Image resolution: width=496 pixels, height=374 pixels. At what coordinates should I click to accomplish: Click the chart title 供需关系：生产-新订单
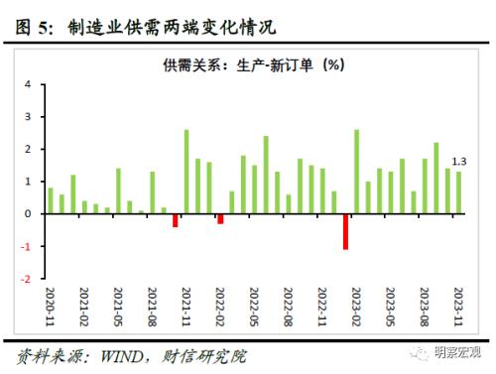(x=253, y=66)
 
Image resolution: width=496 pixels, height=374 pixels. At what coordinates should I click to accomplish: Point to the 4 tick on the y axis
(x=26, y=84)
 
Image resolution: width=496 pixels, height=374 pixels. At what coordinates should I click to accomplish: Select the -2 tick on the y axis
(x=24, y=279)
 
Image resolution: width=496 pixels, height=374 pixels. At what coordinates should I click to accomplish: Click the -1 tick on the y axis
(x=24, y=246)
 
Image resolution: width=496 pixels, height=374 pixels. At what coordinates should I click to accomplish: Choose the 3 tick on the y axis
(x=26, y=117)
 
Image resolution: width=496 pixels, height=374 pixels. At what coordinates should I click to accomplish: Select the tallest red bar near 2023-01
(x=345, y=231)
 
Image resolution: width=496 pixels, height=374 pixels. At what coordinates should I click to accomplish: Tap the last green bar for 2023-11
(x=458, y=192)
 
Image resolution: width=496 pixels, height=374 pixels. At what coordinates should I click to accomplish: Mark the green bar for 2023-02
(x=356, y=172)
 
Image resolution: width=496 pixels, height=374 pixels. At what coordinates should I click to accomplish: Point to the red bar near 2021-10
(x=175, y=220)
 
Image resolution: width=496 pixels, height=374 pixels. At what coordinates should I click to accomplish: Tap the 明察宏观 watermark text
(x=461, y=349)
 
